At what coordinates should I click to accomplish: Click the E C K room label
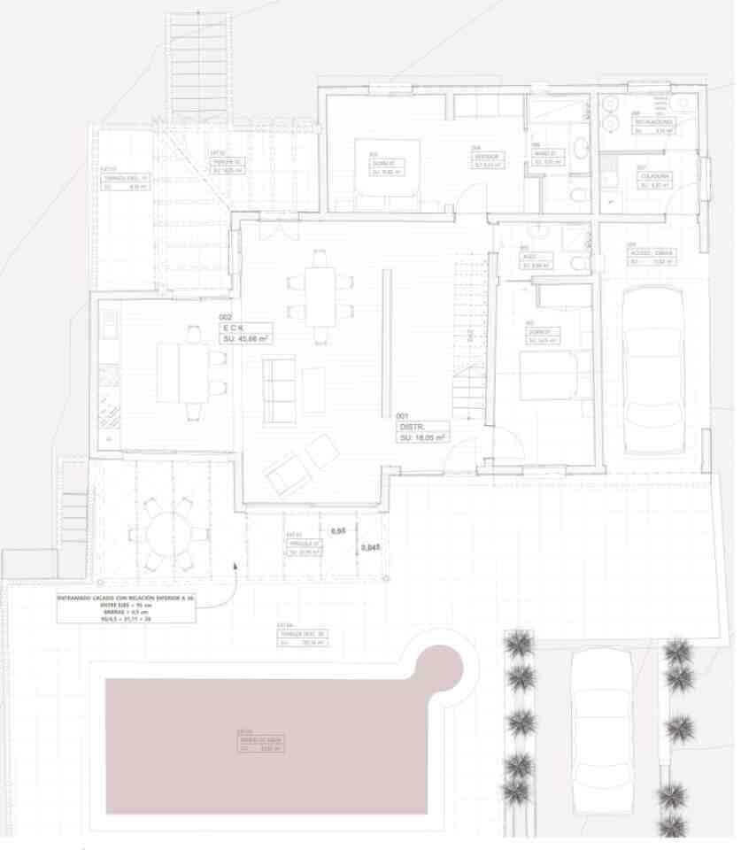coord(232,327)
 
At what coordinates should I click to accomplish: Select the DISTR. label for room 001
coord(413,426)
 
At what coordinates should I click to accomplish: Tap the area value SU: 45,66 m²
coord(247,337)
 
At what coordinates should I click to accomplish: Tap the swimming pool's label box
coord(260,744)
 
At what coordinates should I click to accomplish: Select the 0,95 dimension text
coord(337,530)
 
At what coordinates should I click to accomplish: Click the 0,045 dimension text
coord(371,548)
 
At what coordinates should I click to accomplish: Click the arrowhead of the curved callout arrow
coord(235,564)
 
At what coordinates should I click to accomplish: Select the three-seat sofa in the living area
coord(279,390)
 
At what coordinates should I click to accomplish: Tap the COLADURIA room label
coord(655,176)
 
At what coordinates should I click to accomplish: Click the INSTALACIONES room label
coord(654,121)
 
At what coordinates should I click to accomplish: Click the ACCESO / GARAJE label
coord(651,252)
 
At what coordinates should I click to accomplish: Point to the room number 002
coord(225,316)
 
